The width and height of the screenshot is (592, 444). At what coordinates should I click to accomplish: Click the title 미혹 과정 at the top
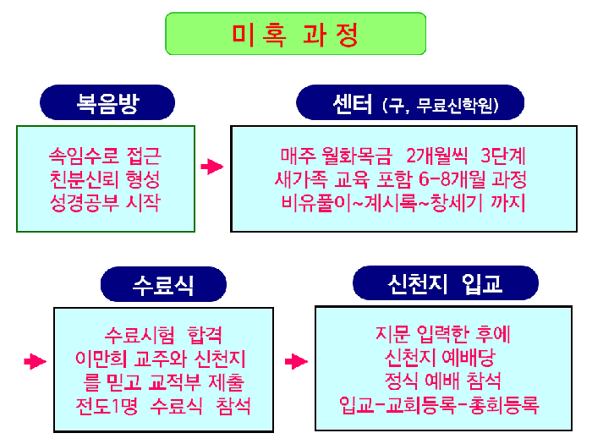coord(296,35)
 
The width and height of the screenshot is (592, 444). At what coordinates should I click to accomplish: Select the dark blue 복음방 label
coord(107,104)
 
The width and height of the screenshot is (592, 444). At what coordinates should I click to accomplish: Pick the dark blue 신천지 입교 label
coord(445,283)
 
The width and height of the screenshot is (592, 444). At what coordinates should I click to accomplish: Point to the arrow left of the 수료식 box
coord(35,362)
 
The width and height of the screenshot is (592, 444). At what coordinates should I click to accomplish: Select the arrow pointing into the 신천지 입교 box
coord(296,362)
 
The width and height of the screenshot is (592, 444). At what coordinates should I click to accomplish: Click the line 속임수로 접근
coord(105,156)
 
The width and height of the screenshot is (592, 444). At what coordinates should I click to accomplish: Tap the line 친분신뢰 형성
coord(105,179)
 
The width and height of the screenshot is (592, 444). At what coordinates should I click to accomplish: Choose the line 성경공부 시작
coord(105,203)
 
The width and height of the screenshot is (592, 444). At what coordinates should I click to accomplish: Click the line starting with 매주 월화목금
coord(403,156)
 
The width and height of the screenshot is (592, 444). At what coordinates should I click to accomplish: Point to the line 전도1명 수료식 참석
coord(164,405)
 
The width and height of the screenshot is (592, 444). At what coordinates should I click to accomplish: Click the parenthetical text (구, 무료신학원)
coord(443,107)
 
